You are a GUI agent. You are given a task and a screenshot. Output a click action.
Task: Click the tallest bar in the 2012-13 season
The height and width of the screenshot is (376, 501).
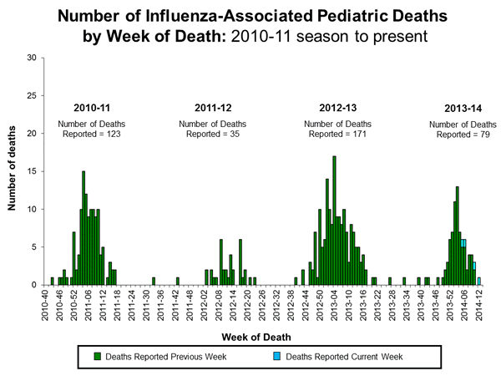coord(334,221)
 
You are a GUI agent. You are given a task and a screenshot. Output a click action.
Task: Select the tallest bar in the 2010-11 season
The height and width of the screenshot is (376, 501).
coord(83,228)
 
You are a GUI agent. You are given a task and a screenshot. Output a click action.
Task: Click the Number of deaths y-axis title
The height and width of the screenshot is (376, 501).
coord(13,171)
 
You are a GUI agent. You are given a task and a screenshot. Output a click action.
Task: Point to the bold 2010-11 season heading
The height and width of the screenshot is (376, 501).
coord(93,109)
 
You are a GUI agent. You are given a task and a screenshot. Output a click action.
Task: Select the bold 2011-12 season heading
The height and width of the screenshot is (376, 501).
coord(210,109)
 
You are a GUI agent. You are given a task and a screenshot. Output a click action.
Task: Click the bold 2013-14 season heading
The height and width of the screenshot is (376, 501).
coord(452,109)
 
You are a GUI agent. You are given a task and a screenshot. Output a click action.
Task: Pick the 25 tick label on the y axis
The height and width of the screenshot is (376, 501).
coord(32,95)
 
